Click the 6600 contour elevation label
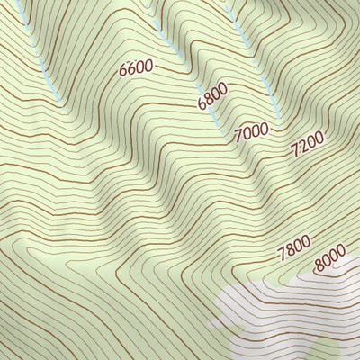(x=136, y=67)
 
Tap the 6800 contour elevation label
(x=212, y=97)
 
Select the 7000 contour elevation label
(x=251, y=133)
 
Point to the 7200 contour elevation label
(x=307, y=145)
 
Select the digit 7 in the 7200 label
(x=296, y=153)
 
